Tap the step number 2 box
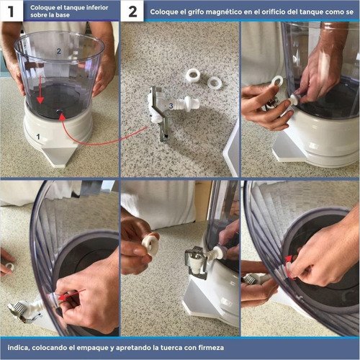pyautogui.click(x=132, y=12)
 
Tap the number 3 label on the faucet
pyautogui.click(x=170, y=106)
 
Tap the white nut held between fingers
pyautogui.click(x=150, y=244)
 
